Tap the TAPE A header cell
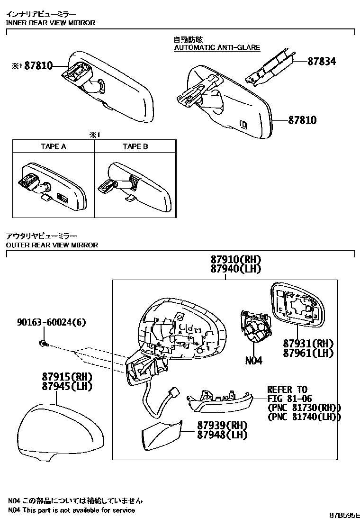coord(53,146)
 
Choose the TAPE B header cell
coord(135,146)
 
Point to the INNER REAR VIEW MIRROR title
coord(51,23)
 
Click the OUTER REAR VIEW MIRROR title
coord(52,245)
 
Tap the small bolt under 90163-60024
coord(43,342)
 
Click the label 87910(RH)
coord(236,260)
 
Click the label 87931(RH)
coord(308,343)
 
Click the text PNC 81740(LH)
coord(304,417)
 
